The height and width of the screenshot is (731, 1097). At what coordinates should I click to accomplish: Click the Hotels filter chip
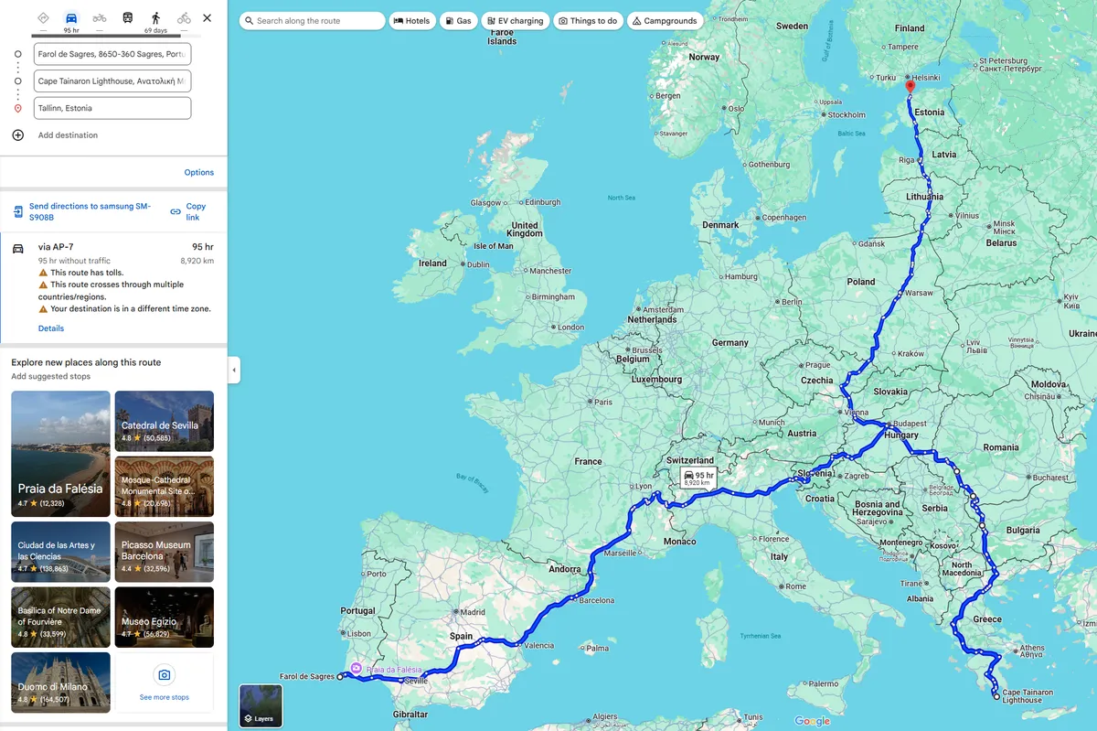411,20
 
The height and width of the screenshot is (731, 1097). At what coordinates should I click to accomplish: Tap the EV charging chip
514,20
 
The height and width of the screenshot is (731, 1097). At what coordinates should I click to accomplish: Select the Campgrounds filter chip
665,20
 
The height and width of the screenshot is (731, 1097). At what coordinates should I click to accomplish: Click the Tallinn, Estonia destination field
112,108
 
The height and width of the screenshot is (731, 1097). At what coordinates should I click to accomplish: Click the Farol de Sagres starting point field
112,54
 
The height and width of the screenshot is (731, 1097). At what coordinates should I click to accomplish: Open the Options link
198,172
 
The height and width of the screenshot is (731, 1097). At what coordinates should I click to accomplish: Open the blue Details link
51,328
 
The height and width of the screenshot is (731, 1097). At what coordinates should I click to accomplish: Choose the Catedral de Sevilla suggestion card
165,421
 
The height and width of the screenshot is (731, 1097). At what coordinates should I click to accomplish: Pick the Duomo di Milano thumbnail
60,683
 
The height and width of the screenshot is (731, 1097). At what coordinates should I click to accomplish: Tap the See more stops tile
165,683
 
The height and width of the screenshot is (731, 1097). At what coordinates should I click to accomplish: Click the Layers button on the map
261,706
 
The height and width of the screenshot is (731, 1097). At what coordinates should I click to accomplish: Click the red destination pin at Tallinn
910,87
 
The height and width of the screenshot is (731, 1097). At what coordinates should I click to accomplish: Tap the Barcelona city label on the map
596,600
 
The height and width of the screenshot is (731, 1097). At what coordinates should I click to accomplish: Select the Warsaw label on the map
918,293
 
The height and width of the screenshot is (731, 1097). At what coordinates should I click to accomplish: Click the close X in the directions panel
208,17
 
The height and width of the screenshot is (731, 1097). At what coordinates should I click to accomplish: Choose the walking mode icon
155,17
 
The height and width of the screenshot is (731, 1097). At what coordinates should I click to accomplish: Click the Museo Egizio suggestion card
165,617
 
